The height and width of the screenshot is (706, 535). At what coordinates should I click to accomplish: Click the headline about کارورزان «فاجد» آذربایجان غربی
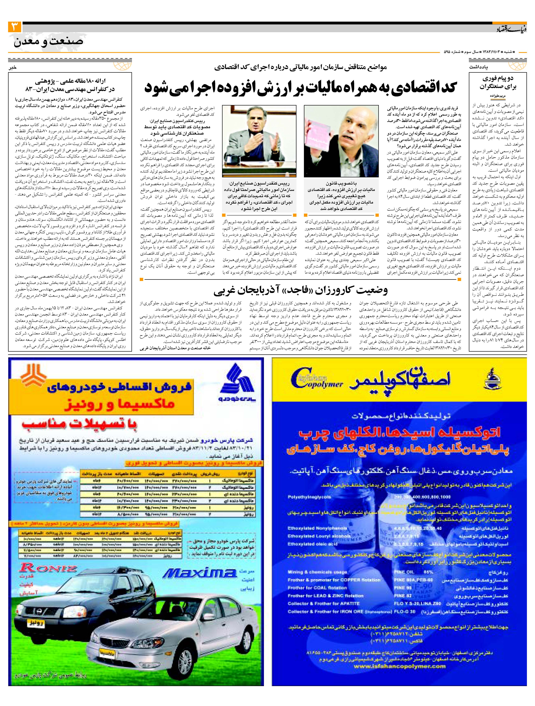pos(301,290)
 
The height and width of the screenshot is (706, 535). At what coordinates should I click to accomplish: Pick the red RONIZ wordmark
pos(48,568)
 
